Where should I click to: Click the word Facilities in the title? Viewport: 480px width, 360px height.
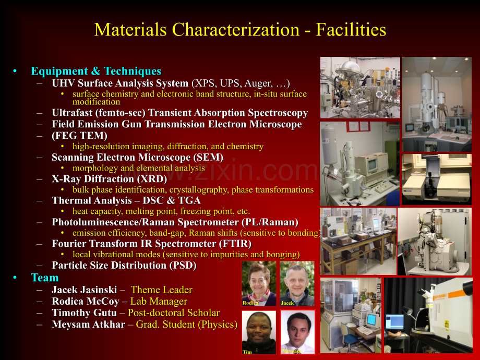[x=351, y=30]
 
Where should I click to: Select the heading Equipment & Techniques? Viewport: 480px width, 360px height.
[x=96, y=71]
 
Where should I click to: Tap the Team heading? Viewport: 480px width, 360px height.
[x=45, y=278]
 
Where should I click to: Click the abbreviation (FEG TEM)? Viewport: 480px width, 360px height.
[x=80, y=135]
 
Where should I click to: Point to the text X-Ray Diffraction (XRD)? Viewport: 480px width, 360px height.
[x=109, y=179]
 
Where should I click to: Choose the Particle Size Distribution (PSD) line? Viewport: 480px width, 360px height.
[x=124, y=265]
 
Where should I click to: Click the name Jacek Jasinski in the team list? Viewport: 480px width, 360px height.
[x=85, y=290]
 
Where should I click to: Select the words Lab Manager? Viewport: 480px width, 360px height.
[x=159, y=301]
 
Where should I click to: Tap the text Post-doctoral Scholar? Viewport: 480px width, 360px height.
[x=174, y=313]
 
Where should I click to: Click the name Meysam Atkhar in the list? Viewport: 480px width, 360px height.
[x=89, y=324]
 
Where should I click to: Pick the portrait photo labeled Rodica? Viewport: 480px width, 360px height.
[x=259, y=283]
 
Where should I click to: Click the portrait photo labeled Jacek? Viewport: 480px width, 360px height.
[x=297, y=283]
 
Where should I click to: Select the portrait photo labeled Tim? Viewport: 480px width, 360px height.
[x=259, y=332]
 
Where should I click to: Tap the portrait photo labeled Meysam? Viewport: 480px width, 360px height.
[x=297, y=332]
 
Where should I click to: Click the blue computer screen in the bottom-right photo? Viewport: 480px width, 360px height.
[x=394, y=322]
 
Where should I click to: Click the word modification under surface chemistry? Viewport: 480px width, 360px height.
[x=96, y=102]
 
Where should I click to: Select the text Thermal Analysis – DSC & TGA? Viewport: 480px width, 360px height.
[x=126, y=200]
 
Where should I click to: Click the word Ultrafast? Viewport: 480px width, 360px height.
[x=72, y=113]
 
